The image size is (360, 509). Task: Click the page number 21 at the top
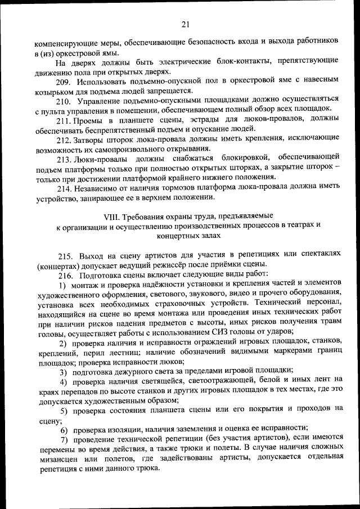186,24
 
